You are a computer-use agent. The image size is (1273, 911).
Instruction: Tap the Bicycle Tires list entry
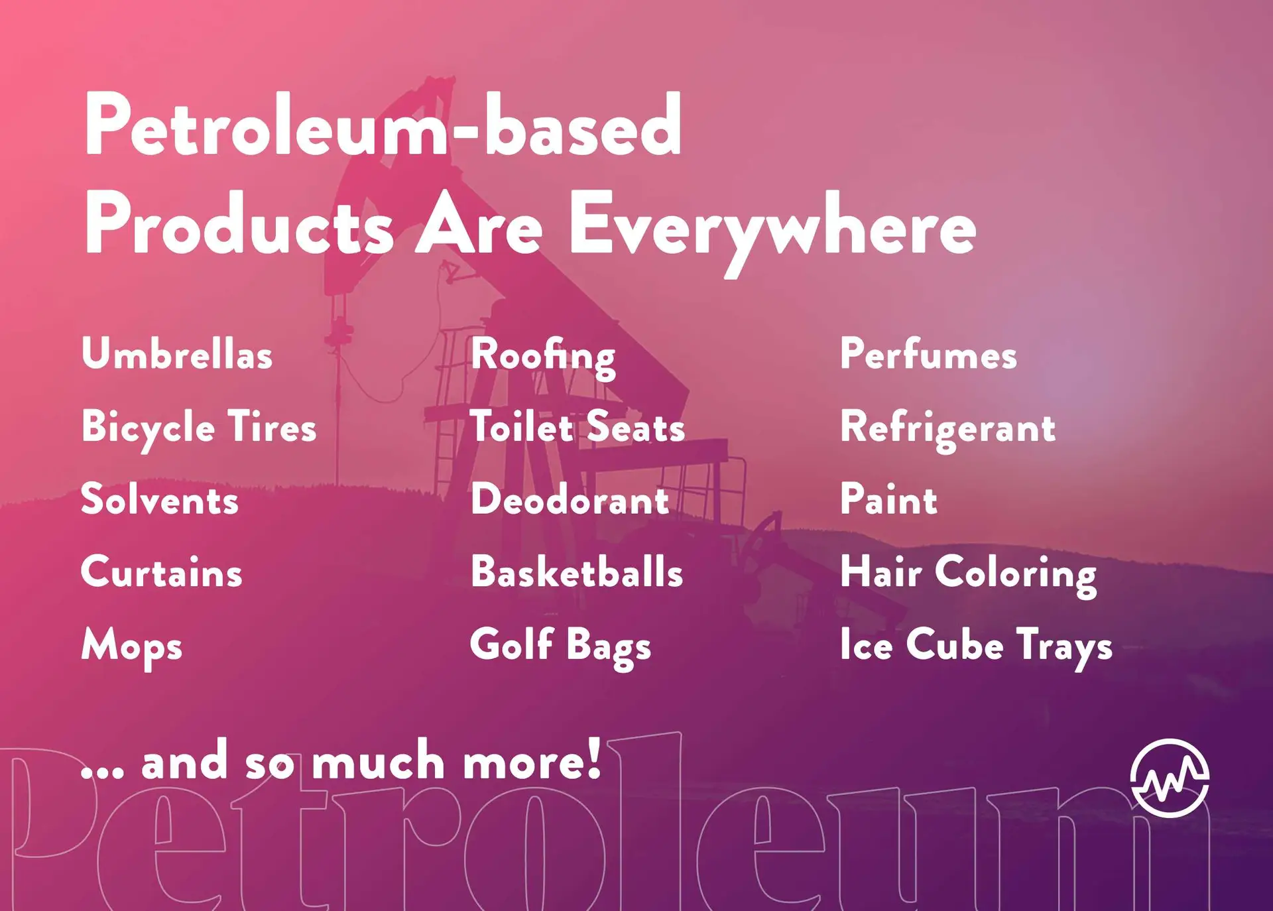pos(199,428)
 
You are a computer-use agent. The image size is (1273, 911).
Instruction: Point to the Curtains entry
pos(162,572)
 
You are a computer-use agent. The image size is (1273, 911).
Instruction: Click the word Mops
pos(132,647)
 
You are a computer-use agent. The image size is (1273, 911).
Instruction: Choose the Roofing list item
pos(543,357)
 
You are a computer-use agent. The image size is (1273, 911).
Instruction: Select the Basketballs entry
pos(577,572)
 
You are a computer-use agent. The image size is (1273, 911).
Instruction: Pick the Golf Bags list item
pos(561,646)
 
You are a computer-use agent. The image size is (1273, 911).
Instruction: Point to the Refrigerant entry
pos(948,430)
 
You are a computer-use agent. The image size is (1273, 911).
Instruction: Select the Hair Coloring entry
pos(969,574)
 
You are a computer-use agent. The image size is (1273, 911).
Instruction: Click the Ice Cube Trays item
pos(976,646)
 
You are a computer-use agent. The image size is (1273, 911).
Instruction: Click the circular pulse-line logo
pos(1170,778)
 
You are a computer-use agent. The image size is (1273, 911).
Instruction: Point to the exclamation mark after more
pos(594,757)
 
